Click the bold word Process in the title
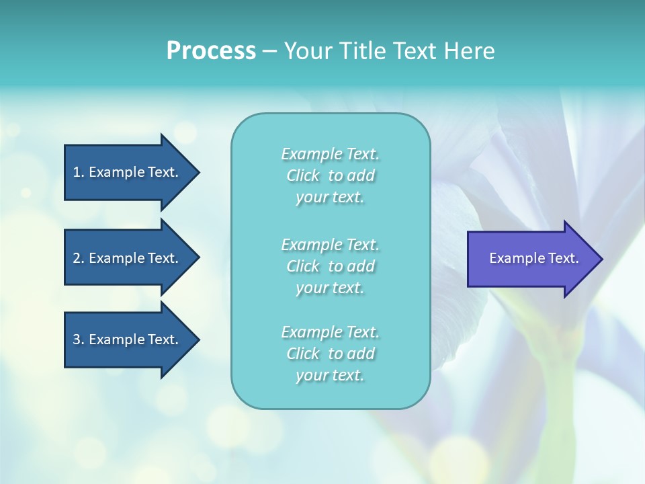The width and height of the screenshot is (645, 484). tap(211, 51)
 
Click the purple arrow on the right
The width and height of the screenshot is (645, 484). tap(531, 259)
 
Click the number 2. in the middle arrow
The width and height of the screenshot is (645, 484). tap(78, 258)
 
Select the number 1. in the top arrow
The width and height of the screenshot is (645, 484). tap(78, 172)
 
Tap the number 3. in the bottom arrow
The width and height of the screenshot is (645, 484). tap(78, 339)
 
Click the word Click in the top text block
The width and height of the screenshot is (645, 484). tap(303, 175)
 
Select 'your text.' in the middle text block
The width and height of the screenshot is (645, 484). tap(330, 288)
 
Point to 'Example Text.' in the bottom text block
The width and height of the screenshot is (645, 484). tap(330, 331)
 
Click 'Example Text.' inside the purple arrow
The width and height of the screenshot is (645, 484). tap(533, 258)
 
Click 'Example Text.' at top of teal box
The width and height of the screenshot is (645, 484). tap(330, 154)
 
